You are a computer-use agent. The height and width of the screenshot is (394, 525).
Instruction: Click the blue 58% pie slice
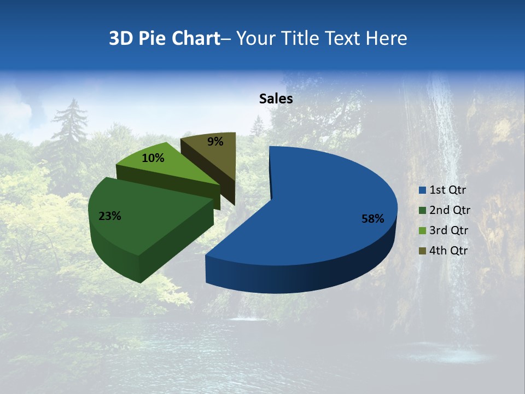click(323, 208)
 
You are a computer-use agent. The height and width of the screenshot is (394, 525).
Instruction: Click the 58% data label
click(373, 219)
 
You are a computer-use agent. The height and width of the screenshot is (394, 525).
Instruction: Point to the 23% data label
click(109, 216)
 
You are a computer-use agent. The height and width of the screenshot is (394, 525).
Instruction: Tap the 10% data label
click(153, 158)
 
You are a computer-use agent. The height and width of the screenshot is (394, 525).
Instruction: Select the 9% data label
click(215, 142)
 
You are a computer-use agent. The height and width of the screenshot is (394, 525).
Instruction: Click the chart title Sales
click(276, 99)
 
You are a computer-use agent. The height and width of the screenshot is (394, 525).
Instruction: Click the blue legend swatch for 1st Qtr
click(422, 190)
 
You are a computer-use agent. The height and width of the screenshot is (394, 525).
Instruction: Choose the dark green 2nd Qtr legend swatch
click(422, 210)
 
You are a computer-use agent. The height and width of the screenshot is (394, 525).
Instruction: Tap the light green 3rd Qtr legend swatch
click(422, 230)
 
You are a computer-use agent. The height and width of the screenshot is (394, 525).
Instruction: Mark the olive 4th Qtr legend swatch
click(422, 251)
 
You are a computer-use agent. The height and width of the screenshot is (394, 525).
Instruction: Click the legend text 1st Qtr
click(447, 190)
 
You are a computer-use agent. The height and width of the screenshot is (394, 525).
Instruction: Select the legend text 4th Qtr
click(448, 251)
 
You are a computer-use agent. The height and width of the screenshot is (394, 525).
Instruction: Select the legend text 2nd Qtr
click(450, 210)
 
